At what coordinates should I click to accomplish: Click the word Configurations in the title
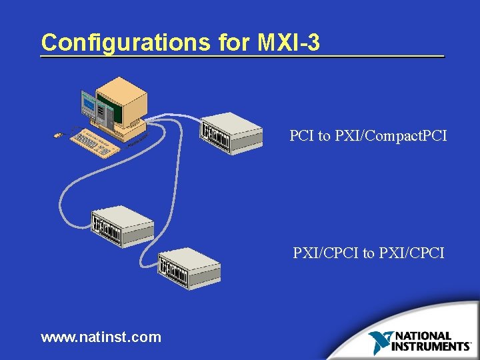pyautogui.click(x=125, y=43)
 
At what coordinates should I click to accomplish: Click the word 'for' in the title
pyautogui.click(x=233, y=43)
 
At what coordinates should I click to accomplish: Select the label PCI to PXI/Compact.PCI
pyautogui.click(x=368, y=136)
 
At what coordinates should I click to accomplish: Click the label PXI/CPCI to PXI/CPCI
pyautogui.click(x=369, y=253)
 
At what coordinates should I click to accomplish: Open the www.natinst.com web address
pyautogui.click(x=101, y=337)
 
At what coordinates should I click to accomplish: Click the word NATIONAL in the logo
pyautogui.click(x=423, y=337)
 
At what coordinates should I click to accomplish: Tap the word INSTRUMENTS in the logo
pyautogui.click(x=430, y=346)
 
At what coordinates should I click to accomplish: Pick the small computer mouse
pyautogui.click(x=58, y=136)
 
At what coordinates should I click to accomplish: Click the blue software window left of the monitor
pyautogui.click(x=89, y=103)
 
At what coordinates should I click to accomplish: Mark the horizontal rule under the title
pyautogui.click(x=242, y=57)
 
